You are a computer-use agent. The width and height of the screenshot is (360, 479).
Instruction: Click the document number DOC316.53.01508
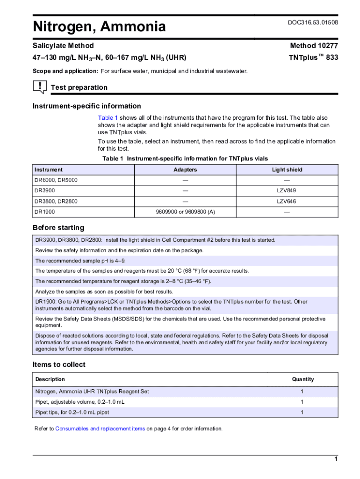click(313, 22)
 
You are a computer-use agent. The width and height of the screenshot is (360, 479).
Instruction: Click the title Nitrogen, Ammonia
click(99, 27)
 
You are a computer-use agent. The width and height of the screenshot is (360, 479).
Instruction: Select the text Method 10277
click(314, 46)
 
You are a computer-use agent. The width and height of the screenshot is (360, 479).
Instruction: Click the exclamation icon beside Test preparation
click(40, 87)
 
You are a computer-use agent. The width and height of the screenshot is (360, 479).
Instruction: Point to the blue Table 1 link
click(108, 118)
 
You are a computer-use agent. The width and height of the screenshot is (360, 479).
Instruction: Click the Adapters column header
click(185, 170)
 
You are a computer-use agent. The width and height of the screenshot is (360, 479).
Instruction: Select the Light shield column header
click(287, 170)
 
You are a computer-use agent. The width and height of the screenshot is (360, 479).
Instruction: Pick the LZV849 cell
click(286, 191)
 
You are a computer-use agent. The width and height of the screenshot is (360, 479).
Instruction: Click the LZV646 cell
click(286, 202)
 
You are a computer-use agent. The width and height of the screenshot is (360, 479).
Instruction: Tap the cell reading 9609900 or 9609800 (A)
click(185, 212)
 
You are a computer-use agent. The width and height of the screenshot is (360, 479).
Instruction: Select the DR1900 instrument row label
click(44, 212)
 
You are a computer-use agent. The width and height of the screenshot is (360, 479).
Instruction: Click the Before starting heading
click(58, 228)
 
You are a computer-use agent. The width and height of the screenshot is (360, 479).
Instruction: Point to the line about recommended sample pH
click(80, 261)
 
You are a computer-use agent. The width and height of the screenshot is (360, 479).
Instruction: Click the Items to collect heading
click(59, 364)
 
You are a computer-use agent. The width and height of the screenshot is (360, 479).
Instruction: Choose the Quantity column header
click(303, 379)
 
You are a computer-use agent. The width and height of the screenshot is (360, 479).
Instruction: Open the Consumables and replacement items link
click(100, 428)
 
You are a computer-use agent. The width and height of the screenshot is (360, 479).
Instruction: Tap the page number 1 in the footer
click(336, 459)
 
